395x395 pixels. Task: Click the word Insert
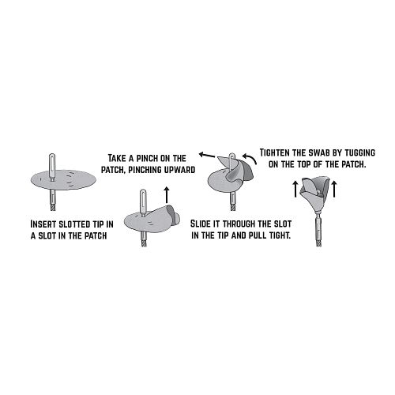click(x=43, y=224)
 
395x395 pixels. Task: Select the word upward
click(x=179, y=170)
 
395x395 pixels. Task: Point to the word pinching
click(x=145, y=170)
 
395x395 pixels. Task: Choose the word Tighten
click(x=275, y=152)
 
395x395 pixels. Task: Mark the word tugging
click(x=360, y=152)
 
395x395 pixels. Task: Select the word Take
click(x=117, y=158)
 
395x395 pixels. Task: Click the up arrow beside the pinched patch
click(x=166, y=195)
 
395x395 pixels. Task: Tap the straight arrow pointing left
click(x=208, y=155)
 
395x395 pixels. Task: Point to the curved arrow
click(x=250, y=158)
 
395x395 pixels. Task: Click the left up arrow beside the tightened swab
click(x=295, y=189)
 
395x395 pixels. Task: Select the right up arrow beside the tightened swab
click(x=334, y=189)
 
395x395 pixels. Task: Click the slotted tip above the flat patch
click(x=52, y=167)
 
